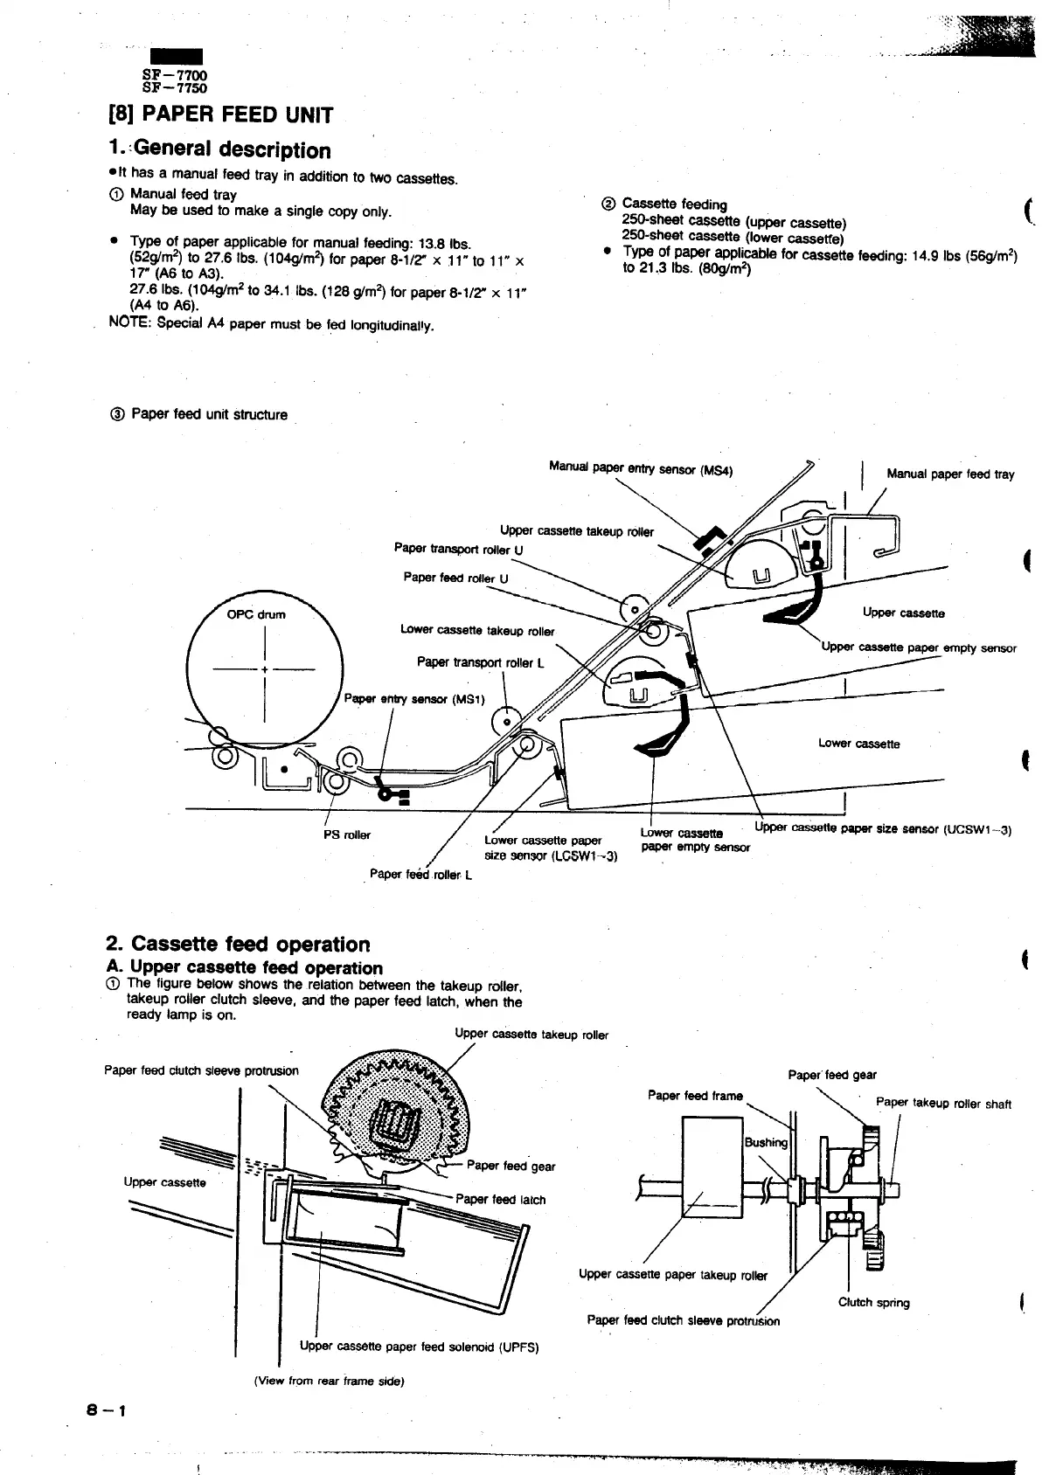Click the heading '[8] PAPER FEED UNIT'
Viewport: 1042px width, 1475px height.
(x=219, y=115)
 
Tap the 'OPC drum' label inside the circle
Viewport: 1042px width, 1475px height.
(x=256, y=614)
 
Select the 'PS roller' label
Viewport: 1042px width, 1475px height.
(x=347, y=834)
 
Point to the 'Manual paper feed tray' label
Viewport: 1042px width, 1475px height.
(x=950, y=474)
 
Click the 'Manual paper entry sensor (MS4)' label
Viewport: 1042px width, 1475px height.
(x=640, y=469)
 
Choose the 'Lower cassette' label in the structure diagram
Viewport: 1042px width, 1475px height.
(x=858, y=744)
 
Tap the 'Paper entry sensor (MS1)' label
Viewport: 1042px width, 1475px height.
(x=414, y=699)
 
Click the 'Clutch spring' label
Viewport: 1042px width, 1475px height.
(x=874, y=1302)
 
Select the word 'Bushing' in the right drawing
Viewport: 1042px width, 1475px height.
(x=766, y=1143)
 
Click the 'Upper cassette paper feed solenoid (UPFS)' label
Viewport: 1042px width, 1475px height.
(x=419, y=1347)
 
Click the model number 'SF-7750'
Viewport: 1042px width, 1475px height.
(x=176, y=87)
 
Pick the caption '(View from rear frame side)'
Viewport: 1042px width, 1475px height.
(x=329, y=1382)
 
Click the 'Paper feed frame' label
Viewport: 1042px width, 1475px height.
(x=695, y=1096)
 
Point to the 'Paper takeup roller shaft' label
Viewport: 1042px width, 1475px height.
(x=943, y=1104)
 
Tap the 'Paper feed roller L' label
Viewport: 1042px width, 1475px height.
(x=420, y=875)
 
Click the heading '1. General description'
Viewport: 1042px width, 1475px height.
(x=219, y=150)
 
